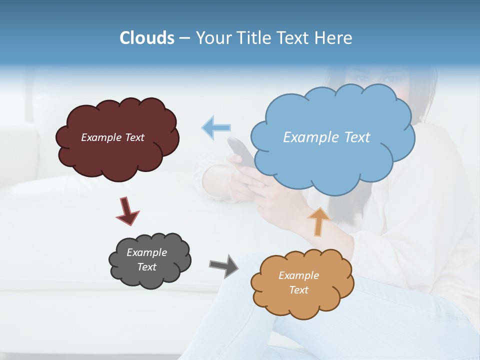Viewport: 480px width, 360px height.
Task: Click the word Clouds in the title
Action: click(x=146, y=38)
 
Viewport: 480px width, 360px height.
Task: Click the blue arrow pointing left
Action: click(x=216, y=127)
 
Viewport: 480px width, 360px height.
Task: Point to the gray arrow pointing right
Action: click(x=224, y=265)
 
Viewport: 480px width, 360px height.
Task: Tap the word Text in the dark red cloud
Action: click(x=134, y=137)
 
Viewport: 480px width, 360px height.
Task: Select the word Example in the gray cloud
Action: click(x=146, y=252)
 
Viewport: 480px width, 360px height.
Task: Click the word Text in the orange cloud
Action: click(x=298, y=290)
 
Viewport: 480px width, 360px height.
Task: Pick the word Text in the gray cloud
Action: click(x=146, y=267)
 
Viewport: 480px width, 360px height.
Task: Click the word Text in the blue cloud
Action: click(x=357, y=137)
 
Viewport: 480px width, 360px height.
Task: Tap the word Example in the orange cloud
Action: click(x=298, y=275)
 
